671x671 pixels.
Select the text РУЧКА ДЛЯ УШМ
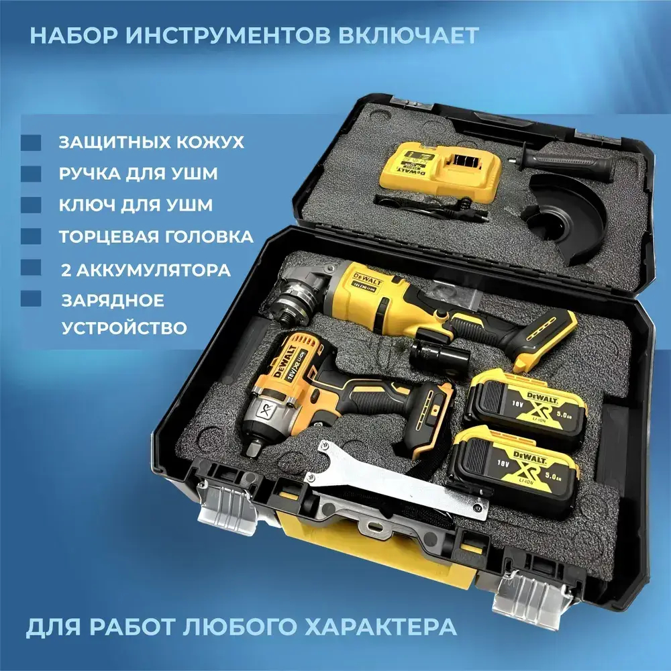tap(138, 174)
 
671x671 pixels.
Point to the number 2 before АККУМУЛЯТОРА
tap(66, 270)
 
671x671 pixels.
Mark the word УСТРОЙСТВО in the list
tap(124, 328)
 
